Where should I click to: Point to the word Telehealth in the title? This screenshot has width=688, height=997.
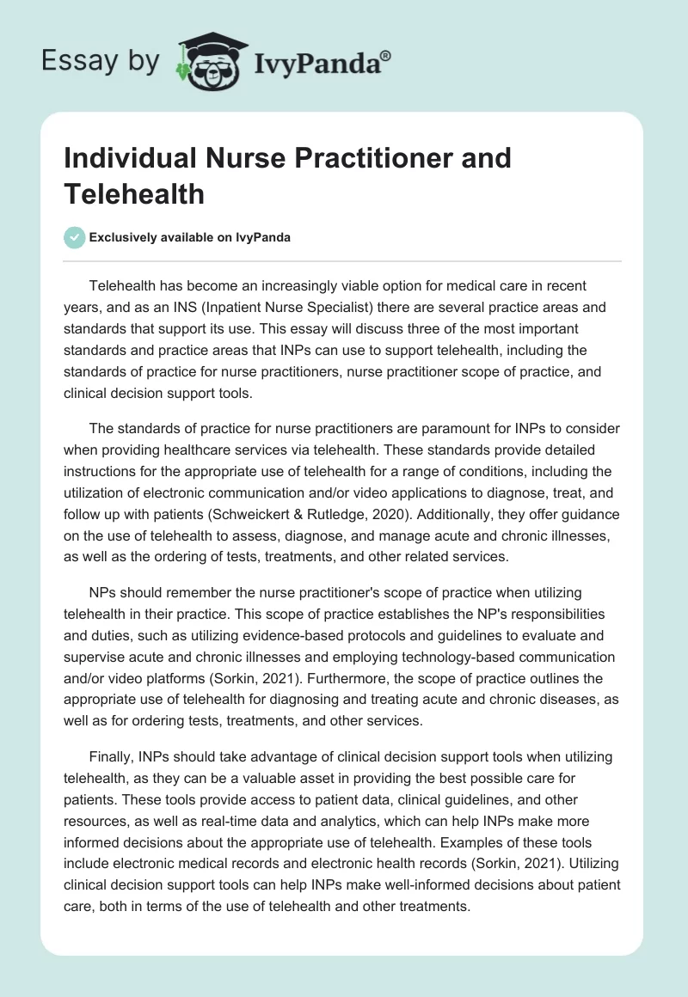[x=134, y=193]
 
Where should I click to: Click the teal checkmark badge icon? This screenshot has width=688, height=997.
[x=75, y=238]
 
